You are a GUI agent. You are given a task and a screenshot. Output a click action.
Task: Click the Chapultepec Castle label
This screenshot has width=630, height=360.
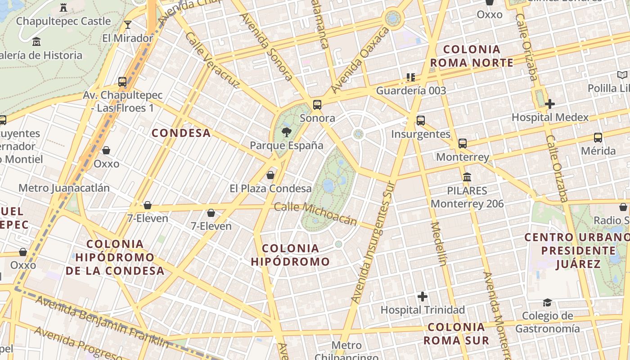pos(63,21)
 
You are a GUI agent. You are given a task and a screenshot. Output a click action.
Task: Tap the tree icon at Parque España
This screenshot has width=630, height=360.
pos(286,132)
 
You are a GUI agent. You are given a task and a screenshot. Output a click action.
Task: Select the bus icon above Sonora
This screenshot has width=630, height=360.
pos(317,105)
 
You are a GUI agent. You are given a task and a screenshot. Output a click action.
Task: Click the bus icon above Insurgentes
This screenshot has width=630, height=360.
pos(421,121)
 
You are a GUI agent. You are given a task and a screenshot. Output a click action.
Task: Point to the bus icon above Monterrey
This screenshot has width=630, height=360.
pos(463,144)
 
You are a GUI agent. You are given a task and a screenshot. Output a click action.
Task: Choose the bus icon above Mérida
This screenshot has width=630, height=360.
pos(598,138)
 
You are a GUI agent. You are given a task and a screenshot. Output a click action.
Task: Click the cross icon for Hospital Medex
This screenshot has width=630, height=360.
pos(549,104)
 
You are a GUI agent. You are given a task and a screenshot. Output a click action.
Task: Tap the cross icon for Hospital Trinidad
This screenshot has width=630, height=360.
pos(423,297)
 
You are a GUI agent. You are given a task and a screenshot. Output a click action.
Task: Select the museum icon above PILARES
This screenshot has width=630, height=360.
pos(467,177)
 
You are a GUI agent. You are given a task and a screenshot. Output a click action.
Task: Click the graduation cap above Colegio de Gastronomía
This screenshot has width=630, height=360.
pos(547,302)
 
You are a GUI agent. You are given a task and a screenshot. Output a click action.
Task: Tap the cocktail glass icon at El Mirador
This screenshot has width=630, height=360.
pos(128,25)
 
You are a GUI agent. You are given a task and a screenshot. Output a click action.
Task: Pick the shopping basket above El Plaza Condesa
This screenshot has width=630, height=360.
pos(270,175)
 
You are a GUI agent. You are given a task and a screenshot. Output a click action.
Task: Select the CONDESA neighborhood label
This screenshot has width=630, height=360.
pos(181,133)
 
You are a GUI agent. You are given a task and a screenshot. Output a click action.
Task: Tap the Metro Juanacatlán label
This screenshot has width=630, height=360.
pos(64,188)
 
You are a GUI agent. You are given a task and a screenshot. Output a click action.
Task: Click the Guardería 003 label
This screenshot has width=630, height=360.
pos(411,90)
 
